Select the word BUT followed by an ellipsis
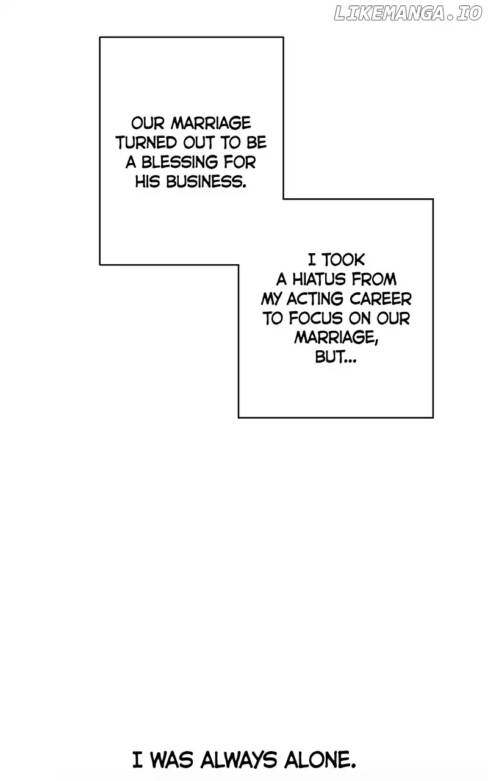point(335,357)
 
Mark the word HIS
point(148,182)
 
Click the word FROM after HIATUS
point(374,279)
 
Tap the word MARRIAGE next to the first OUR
point(211,123)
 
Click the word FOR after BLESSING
point(240,162)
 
